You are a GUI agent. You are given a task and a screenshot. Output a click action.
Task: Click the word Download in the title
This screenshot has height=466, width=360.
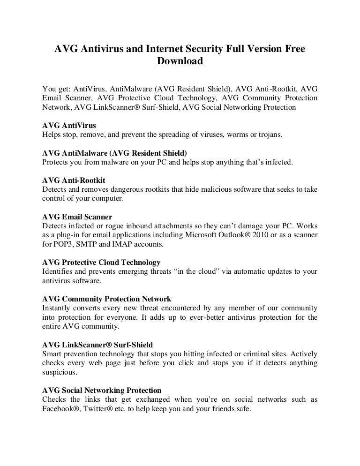coord(180,61)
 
